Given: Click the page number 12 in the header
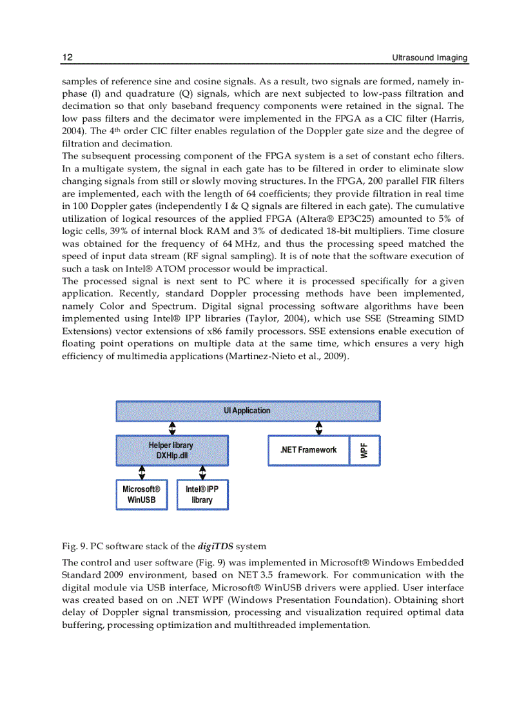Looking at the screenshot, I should click(67, 58).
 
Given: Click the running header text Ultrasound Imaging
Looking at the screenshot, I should click(430, 58).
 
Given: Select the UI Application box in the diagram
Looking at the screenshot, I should click(248, 411).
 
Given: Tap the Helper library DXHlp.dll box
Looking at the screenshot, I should click(171, 450).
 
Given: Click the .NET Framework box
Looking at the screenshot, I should click(308, 450).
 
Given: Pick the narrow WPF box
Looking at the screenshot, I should click(365, 450).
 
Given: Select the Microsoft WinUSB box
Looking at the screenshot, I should click(142, 494).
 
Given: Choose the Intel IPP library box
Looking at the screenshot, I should click(202, 494).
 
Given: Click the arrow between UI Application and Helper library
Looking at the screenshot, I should click(172, 429).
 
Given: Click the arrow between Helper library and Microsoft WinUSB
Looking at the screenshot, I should click(142, 473).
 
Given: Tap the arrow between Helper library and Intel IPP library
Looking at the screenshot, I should click(202, 473).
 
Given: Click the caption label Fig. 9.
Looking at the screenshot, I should click(74, 547).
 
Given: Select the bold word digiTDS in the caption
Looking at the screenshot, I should click(215, 547).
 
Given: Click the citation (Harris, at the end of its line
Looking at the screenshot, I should click(448, 119).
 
